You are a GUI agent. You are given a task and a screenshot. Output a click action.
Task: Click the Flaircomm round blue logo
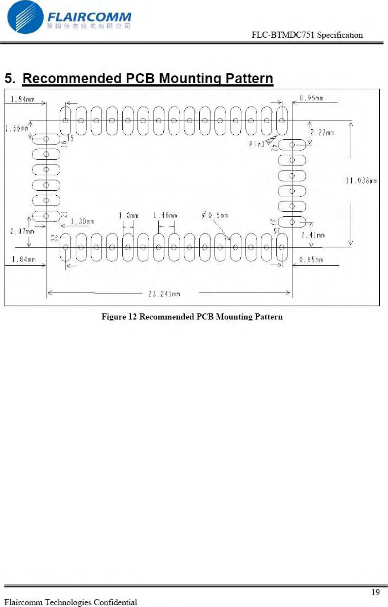(26, 17)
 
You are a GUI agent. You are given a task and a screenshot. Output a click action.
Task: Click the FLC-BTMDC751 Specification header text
(307, 35)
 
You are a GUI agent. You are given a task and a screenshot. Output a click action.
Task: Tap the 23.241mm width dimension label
(164, 294)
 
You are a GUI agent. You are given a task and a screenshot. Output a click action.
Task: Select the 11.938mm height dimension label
(361, 181)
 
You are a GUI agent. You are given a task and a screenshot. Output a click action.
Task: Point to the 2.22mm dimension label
(322, 132)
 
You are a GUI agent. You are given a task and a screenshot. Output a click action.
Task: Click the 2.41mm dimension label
(313, 235)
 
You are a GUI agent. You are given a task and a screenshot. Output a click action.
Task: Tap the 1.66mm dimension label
(16, 129)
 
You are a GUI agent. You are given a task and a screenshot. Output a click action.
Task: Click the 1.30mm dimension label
(82, 222)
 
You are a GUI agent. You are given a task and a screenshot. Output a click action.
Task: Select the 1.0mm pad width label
(128, 215)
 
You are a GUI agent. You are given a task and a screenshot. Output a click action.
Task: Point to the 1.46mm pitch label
(165, 215)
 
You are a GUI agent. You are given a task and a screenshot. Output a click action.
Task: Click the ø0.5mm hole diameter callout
(215, 215)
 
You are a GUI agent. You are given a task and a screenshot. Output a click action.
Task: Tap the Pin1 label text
(256, 144)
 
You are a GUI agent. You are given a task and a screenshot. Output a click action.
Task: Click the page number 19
(376, 592)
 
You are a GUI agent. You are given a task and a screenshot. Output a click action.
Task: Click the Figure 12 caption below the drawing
(192, 317)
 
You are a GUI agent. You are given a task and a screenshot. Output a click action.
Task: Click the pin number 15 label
(70, 138)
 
